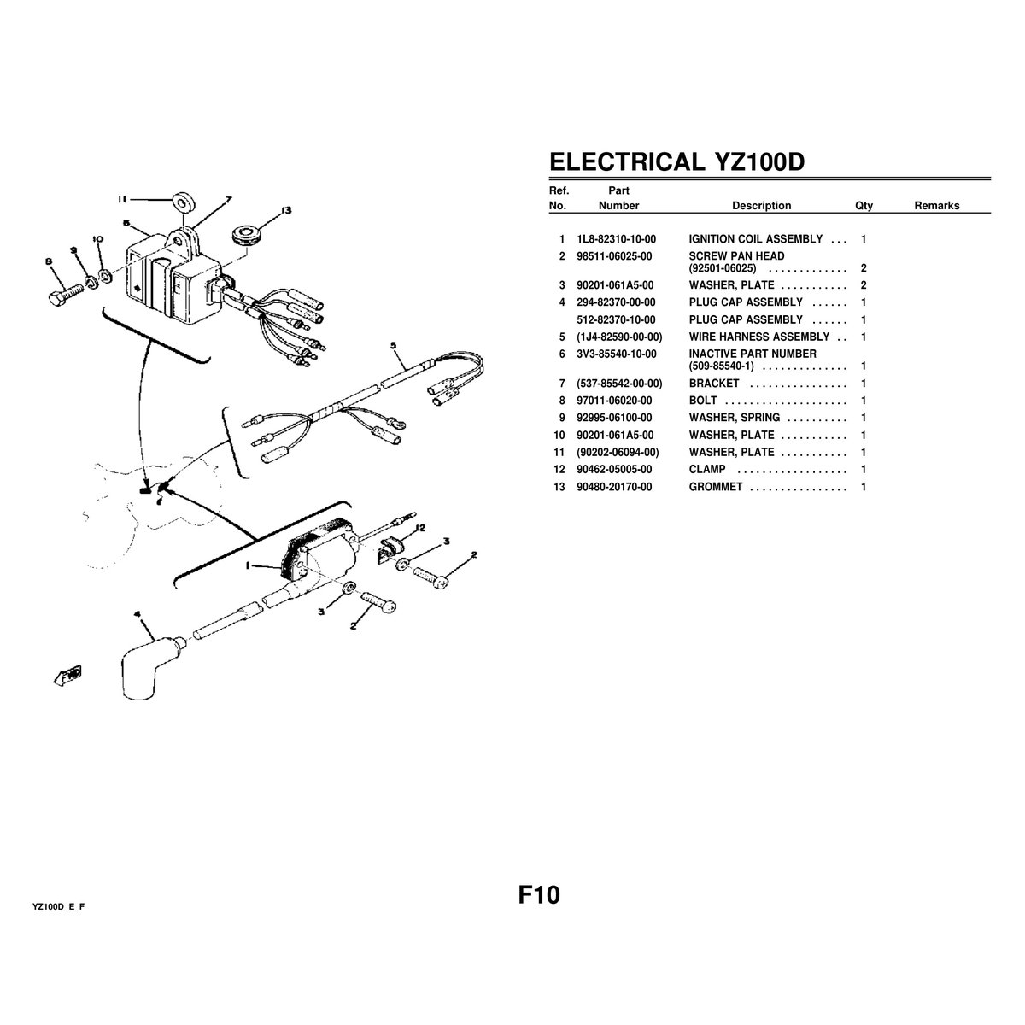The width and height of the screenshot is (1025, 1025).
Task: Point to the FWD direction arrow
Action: [67, 676]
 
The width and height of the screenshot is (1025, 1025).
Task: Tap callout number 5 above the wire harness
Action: [394, 346]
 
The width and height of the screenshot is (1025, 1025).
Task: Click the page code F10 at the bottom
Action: [539, 895]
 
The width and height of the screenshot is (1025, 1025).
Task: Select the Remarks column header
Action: [936, 206]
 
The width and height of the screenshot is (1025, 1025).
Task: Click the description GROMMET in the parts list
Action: [715, 487]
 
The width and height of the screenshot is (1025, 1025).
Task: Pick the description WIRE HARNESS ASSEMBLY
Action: [758, 337]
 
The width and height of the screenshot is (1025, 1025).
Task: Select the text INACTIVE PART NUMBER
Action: [752, 354]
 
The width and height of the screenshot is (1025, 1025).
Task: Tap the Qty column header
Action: [864, 206]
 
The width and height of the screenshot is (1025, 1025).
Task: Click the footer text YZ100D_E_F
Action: [59, 905]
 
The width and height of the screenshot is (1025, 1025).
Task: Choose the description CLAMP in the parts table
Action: [706, 470]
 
